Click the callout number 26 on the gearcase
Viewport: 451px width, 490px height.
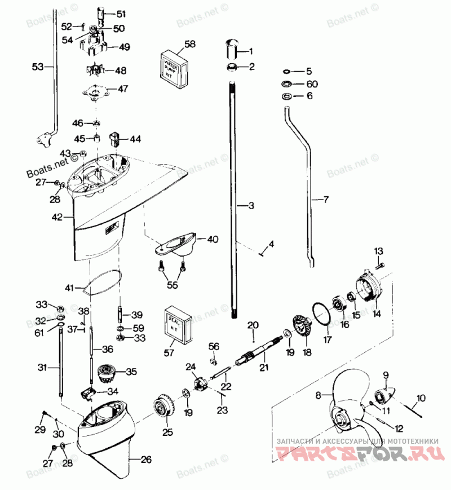[x=146, y=460]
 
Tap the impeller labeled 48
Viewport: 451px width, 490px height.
[x=95, y=71]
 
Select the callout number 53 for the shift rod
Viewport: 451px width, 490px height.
[x=37, y=67]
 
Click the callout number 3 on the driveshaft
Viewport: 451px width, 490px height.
[x=251, y=206]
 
